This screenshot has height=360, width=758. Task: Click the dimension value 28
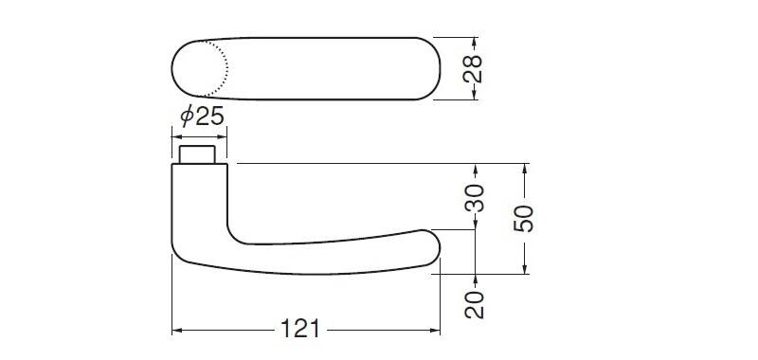[x=472, y=69]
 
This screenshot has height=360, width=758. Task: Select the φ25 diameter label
[x=202, y=117]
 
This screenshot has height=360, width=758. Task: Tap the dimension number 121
[x=300, y=330]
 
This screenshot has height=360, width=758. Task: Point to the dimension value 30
[x=475, y=198]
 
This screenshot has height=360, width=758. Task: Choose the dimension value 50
[x=524, y=219]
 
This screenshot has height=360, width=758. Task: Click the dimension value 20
[x=475, y=304]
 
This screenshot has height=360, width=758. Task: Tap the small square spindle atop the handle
[x=197, y=154]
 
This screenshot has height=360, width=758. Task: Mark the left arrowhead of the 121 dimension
[x=177, y=331]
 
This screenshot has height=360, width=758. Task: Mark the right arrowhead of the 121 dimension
[x=435, y=331]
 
